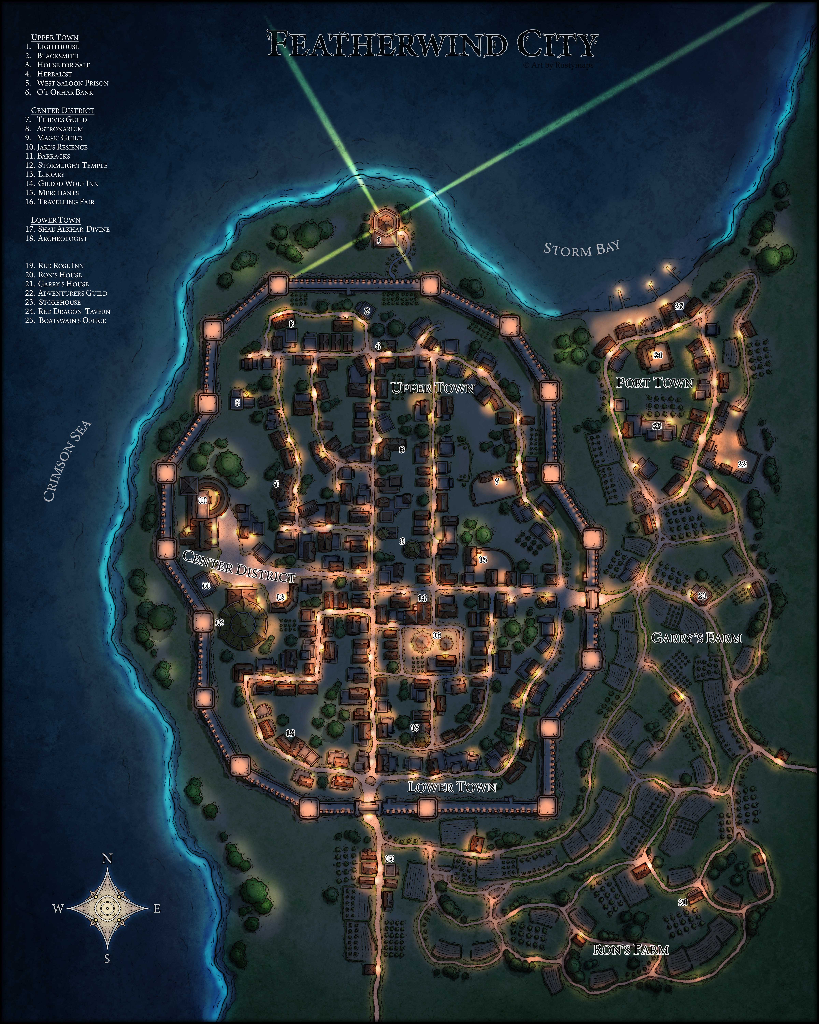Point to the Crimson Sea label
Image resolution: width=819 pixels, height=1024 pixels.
coord(67,462)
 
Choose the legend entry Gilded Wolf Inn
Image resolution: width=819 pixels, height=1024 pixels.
coord(68,183)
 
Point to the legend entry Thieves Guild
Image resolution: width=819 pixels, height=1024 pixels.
coord(62,120)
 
